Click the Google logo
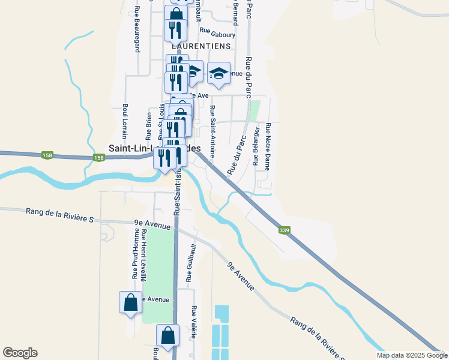tap(20, 353)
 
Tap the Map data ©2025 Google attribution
tap(412, 355)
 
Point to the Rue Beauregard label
tap(137, 29)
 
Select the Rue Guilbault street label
tap(190, 262)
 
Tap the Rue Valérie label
tap(194, 323)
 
